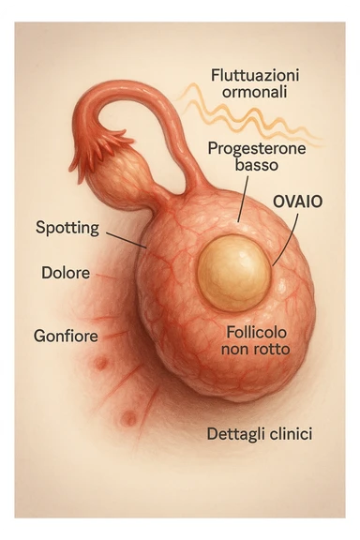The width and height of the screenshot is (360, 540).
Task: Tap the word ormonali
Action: [x=248, y=93]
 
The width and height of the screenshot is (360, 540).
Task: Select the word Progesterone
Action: [x=249, y=147]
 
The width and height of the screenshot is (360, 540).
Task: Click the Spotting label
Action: [x=67, y=227]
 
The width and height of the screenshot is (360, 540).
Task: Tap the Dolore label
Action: [x=66, y=274]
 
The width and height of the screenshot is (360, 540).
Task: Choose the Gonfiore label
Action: [x=66, y=335]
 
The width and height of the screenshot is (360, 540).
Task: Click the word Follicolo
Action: [x=255, y=332]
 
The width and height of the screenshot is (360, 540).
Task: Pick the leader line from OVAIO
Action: [x=287, y=238]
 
